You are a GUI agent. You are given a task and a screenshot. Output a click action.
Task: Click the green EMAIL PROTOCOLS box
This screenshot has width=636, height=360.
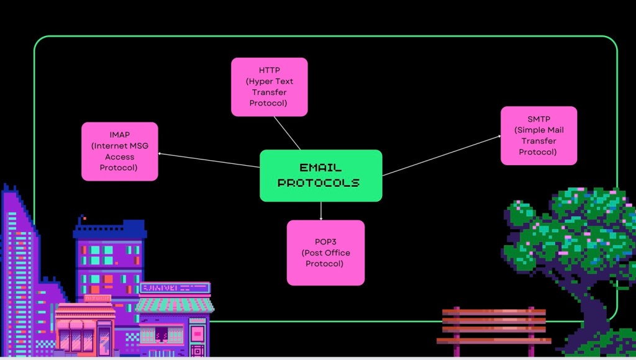click(x=320, y=176)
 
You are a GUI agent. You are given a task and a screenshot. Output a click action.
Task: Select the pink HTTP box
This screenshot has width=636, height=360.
click(x=269, y=87)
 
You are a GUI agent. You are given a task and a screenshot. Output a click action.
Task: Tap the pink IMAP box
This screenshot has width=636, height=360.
click(x=120, y=151)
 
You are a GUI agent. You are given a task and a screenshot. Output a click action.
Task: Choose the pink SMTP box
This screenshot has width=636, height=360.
click(x=538, y=135)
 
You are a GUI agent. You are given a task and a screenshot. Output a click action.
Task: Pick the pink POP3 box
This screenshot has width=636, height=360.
click(x=325, y=253)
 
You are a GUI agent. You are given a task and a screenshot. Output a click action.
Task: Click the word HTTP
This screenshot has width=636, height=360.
click(x=270, y=70)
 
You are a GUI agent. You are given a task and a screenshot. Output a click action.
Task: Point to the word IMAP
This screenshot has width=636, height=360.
click(x=120, y=135)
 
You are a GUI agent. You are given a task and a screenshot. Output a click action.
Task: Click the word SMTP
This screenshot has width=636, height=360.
click(x=538, y=119)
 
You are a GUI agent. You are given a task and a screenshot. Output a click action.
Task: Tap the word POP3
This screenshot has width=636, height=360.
click(x=325, y=241)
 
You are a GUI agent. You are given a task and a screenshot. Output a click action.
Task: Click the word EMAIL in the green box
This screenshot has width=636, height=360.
click(x=320, y=168)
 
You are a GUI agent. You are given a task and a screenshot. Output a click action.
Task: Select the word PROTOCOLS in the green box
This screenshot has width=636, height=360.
click(x=319, y=183)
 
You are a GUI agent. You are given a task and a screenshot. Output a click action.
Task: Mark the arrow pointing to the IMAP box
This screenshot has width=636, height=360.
click(x=208, y=160)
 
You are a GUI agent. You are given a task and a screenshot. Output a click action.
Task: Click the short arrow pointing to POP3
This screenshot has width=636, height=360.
click(x=321, y=211)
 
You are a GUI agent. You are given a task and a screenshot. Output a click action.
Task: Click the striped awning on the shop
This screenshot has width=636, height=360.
click(x=175, y=305)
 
